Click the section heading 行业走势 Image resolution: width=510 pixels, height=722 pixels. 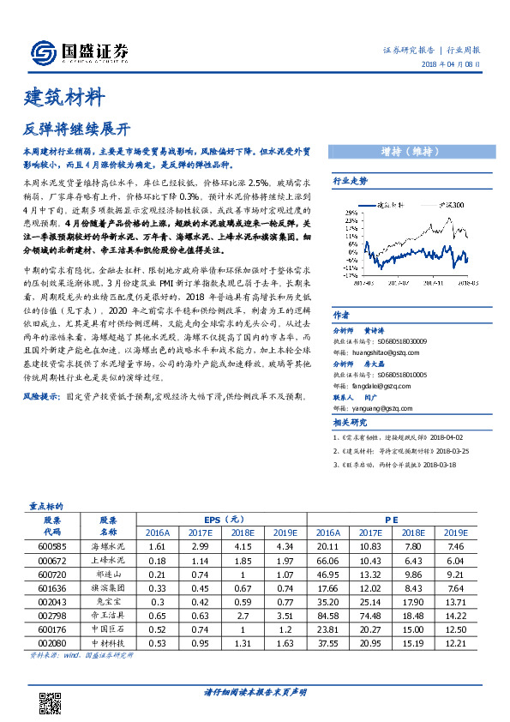350,182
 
